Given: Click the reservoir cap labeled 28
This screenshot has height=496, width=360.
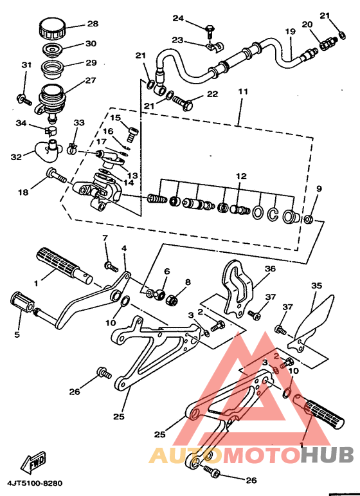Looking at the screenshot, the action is point(52,28).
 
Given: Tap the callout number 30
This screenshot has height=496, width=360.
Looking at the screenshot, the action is point(91,43).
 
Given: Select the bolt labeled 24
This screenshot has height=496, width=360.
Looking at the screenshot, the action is point(209,30).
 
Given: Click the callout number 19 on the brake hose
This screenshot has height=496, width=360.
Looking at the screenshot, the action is point(290,32).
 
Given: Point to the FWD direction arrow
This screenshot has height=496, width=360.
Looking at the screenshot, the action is point(33,463).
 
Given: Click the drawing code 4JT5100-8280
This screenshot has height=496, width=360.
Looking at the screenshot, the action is point(35,483).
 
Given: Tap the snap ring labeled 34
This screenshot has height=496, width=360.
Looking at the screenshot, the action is point(50,131).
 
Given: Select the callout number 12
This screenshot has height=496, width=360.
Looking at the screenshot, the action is point(241,176).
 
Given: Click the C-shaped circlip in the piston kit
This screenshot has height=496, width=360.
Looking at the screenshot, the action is point(273,214).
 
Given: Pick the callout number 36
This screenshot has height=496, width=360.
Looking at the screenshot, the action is point(270,269).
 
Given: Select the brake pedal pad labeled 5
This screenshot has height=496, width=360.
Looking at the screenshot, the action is point(22,302).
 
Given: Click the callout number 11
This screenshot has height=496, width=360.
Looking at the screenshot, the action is point(243,92).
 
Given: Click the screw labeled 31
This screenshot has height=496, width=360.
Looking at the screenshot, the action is point(24,99).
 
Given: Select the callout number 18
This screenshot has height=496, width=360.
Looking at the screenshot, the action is point(23,192).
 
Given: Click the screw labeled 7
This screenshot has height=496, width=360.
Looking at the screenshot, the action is point(111,266).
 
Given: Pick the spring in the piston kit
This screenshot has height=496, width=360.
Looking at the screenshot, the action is point(157,199).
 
